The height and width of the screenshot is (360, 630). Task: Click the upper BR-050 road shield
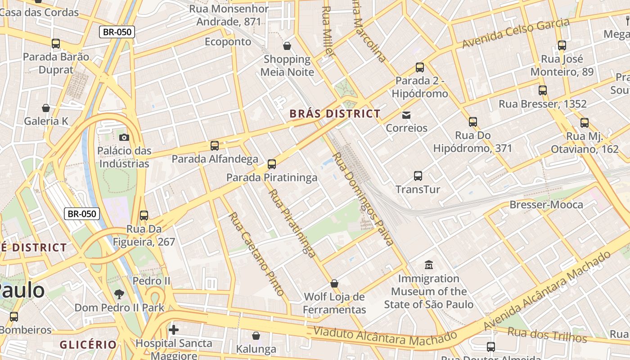click(117, 31)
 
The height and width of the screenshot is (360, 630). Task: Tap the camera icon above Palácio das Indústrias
click(124, 137)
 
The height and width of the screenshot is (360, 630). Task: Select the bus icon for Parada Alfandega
click(215, 146)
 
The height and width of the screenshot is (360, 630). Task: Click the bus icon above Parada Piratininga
click(271, 164)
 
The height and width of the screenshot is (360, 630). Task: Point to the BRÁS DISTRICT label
click(335, 114)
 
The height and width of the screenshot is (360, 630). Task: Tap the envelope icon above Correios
click(406, 115)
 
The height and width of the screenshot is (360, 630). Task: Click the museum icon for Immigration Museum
click(428, 265)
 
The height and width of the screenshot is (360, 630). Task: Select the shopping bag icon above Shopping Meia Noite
click(287, 46)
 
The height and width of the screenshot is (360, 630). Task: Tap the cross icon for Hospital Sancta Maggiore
click(174, 330)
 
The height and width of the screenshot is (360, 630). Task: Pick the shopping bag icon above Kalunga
click(256, 336)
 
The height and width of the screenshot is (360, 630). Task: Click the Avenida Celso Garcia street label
click(516, 33)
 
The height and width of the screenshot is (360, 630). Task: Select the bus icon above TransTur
click(418, 176)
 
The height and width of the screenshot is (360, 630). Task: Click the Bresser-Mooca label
click(546, 205)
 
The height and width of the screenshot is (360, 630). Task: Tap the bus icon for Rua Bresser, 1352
click(543, 90)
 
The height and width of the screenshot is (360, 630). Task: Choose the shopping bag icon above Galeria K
click(46, 108)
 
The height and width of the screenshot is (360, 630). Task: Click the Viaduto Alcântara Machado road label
click(385, 337)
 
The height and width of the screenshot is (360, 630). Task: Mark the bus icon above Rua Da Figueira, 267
click(144, 216)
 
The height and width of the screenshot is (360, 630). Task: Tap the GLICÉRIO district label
click(88, 345)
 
